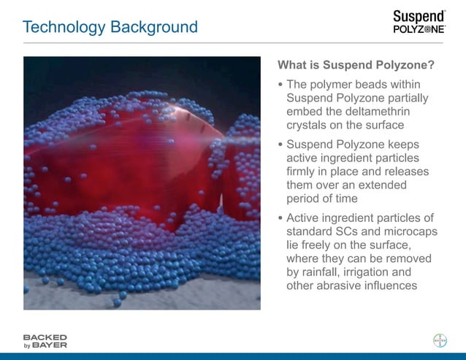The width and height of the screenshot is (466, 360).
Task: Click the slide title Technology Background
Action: coord(110,28)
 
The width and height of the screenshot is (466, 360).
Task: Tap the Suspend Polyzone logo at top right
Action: coord(419,22)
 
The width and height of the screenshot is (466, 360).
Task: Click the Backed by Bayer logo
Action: coord(45,340)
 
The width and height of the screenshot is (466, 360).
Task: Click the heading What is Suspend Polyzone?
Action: coord(356,65)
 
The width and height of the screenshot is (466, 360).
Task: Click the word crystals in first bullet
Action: coord(309,125)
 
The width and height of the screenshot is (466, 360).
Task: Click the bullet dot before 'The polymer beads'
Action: coord(280,85)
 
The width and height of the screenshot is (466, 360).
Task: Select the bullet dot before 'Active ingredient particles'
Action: coord(280,218)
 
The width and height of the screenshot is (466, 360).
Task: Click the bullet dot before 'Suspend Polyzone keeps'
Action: coord(280,145)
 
